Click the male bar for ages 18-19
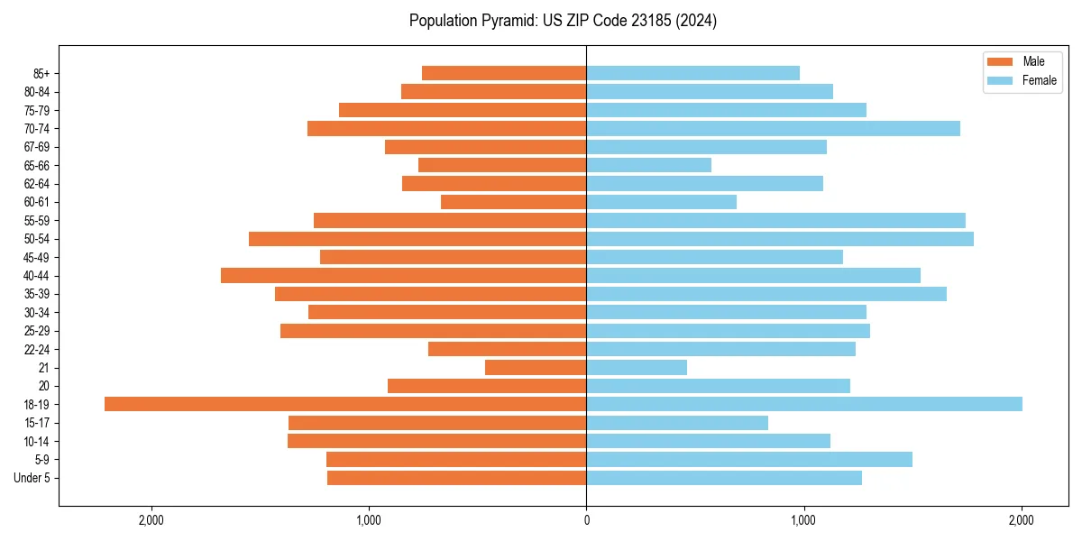point(345,404)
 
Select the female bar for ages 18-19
point(804,404)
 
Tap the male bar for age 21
point(536,367)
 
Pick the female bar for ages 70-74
point(773,128)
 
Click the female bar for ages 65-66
point(648,165)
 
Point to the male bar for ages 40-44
point(403,275)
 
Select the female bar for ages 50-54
point(780,239)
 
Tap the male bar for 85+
point(504,73)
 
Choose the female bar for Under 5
point(724,478)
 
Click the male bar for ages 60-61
point(513,202)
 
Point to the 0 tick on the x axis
point(586,519)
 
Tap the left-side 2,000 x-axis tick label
point(151,519)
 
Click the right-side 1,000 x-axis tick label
point(803,519)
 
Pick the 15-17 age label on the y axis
point(37,423)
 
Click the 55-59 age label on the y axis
point(37,220)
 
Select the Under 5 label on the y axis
point(32,478)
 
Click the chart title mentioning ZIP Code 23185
point(563,21)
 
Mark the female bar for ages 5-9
point(749,460)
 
